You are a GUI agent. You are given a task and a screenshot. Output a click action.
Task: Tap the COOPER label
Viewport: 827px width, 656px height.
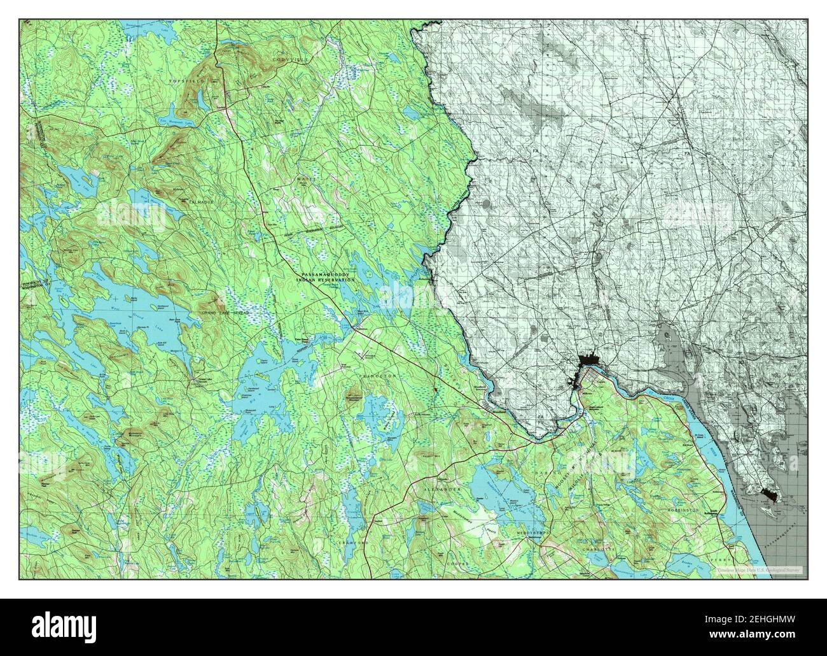tap(456, 564)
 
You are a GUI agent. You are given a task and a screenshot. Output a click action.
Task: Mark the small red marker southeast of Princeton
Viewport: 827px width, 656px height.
tap(434, 390)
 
